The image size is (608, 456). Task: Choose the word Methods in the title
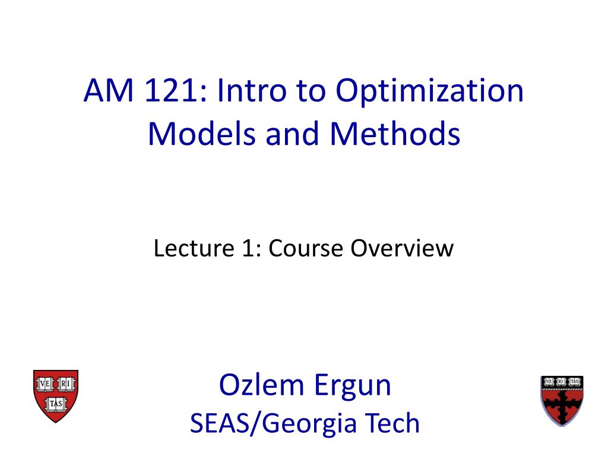395,135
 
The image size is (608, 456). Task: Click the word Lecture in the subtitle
187,248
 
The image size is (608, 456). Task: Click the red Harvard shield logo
55,395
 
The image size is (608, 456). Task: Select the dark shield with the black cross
562,400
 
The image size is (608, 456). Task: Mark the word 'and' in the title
292,135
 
